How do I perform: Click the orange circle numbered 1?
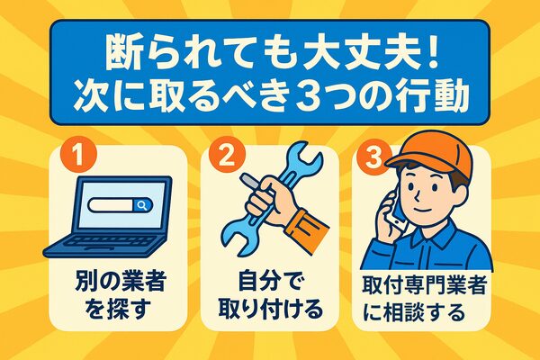coord(78,155)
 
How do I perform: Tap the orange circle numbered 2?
coord(227,155)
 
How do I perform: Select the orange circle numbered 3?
coord(373,157)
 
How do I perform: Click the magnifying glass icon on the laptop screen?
coord(142,205)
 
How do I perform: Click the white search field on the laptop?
coord(111,205)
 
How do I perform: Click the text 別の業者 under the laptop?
coord(121,282)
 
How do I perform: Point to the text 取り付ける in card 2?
coord(271,309)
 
